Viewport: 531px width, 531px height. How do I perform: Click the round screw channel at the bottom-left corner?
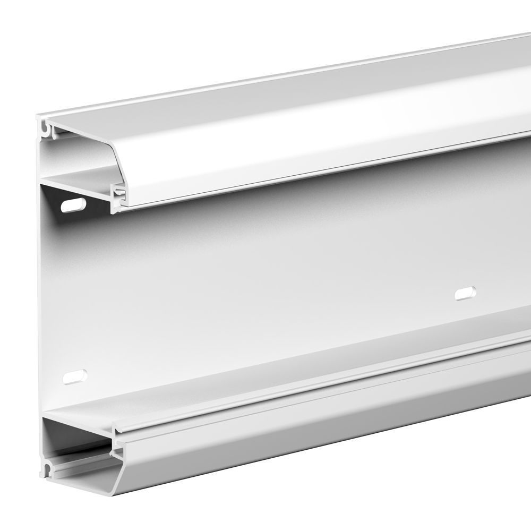pos(48,469)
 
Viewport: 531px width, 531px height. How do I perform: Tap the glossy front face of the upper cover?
pos(319,154)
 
